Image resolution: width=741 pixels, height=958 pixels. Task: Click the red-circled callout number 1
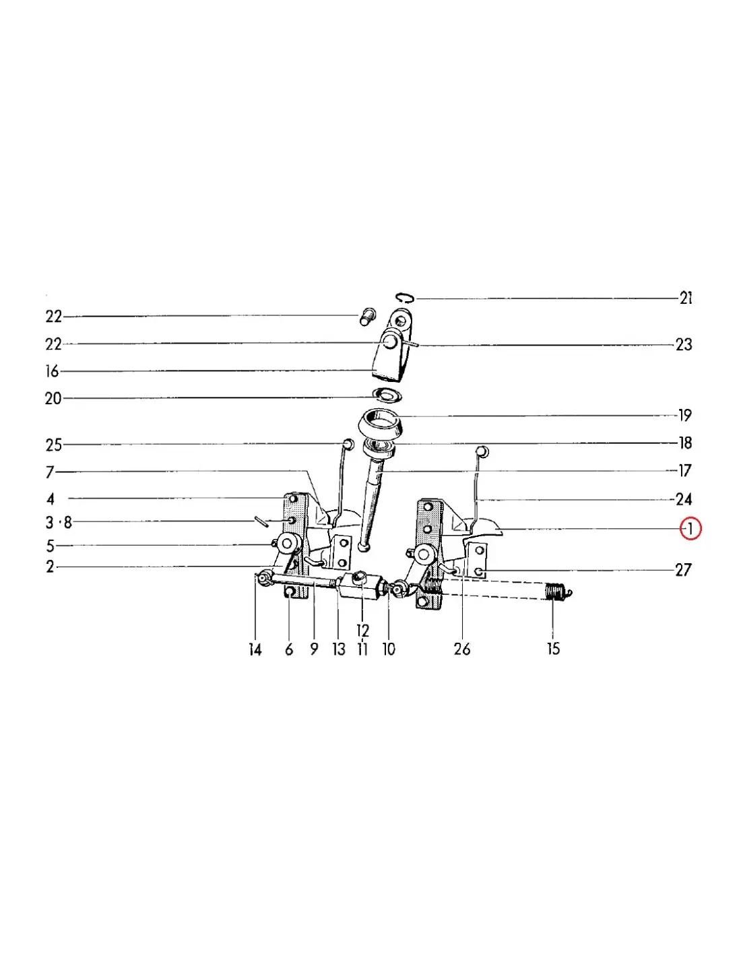pyautogui.click(x=690, y=528)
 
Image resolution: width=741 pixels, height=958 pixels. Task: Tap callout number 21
pyautogui.click(x=686, y=298)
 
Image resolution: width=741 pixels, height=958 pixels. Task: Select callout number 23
pyautogui.click(x=684, y=344)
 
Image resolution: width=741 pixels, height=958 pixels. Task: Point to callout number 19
pyautogui.click(x=685, y=415)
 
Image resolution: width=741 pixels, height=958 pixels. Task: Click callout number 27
pyautogui.click(x=683, y=570)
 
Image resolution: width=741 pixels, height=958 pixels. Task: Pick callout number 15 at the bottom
pyautogui.click(x=553, y=649)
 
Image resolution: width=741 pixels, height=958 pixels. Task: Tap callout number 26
pyautogui.click(x=462, y=649)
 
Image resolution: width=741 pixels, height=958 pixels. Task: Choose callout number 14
pyautogui.click(x=255, y=649)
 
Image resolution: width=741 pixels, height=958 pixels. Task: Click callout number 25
pyautogui.click(x=54, y=445)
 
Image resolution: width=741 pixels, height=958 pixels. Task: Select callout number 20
pyautogui.click(x=53, y=399)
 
